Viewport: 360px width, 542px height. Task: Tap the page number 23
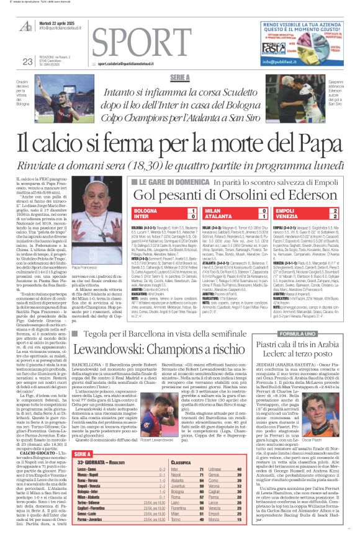point(27,61)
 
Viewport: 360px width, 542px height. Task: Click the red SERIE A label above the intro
point(179,77)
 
